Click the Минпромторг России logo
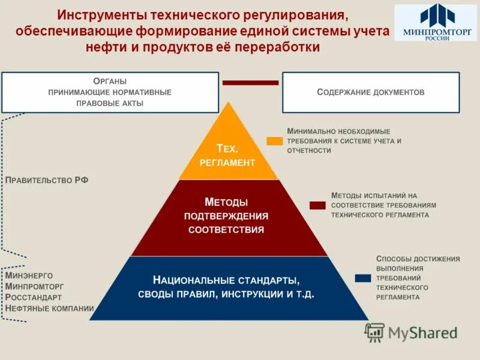(x=436, y=23)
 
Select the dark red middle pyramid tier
(x=228, y=216)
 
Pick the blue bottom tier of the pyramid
(x=228, y=287)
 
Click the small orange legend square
(x=274, y=141)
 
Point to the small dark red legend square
(x=317, y=205)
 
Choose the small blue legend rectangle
(x=362, y=278)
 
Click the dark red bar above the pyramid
(x=250, y=82)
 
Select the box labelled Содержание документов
(x=370, y=92)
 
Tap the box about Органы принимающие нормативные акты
(x=110, y=92)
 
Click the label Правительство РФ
(x=47, y=180)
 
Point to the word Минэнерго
(x=29, y=275)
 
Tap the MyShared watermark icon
(x=375, y=332)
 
